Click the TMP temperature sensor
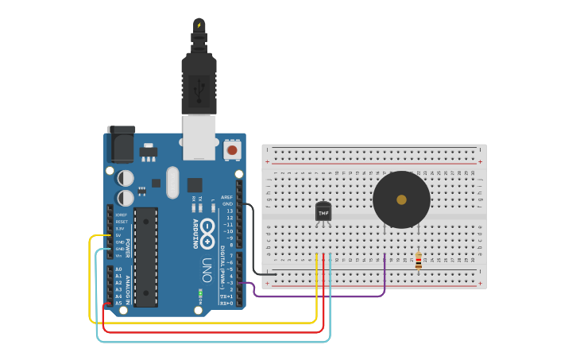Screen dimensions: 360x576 (323, 211)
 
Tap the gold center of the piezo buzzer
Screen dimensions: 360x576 (401, 199)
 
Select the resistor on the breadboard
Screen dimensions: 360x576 (419, 261)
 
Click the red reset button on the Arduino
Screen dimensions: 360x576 (232, 149)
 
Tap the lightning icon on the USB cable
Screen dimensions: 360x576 (199, 25)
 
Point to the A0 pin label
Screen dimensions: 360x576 (118, 269)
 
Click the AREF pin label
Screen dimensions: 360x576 (227, 197)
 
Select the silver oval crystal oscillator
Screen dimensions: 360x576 (172, 182)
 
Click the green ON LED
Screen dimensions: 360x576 (200, 293)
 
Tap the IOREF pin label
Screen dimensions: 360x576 (121, 215)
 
